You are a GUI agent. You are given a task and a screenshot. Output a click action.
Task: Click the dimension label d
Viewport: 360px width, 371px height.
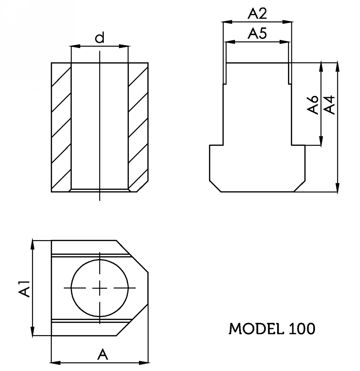pyautogui.click(x=100, y=38)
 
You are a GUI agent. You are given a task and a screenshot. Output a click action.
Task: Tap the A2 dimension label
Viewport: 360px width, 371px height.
pyautogui.click(x=257, y=14)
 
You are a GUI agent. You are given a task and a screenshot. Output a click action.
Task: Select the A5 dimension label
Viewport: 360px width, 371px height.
pyautogui.click(x=257, y=33)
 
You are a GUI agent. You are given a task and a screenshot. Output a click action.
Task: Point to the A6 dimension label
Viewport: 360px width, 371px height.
pyautogui.click(x=312, y=105)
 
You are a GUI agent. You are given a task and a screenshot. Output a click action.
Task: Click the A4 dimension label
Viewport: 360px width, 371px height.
pyautogui.click(x=329, y=105)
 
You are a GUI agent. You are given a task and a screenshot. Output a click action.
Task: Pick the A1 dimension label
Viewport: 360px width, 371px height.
pyautogui.click(x=24, y=289)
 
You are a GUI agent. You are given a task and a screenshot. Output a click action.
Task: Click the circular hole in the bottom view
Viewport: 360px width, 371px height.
pyautogui.click(x=100, y=259)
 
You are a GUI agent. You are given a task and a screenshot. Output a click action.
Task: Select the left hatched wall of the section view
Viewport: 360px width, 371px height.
pyautogui.click(x=61, y=127)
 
